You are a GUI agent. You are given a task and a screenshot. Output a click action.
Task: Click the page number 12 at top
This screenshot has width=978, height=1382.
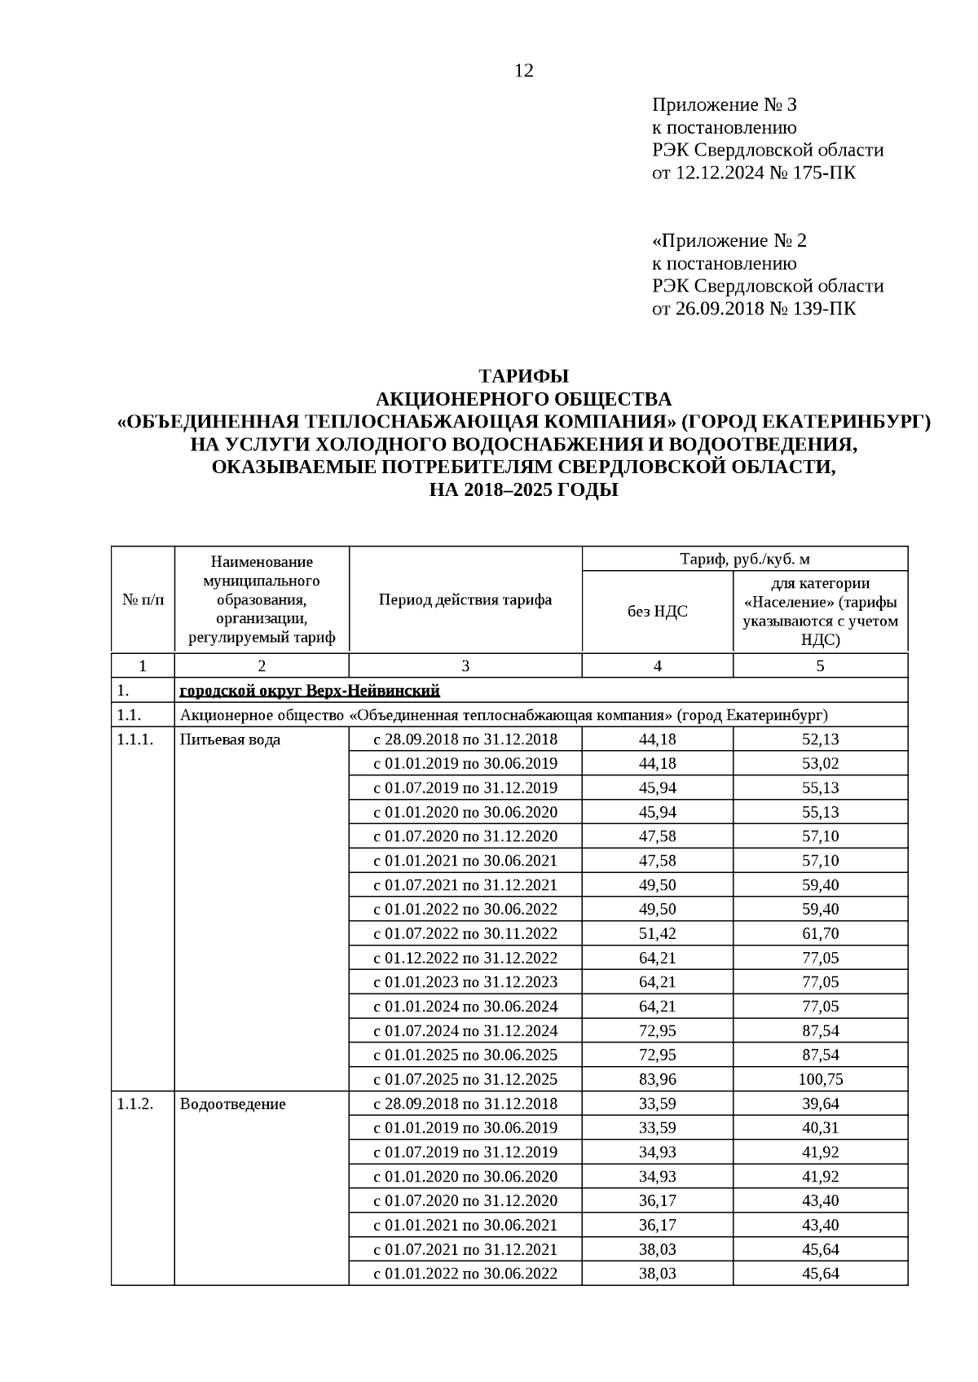click(524, 71)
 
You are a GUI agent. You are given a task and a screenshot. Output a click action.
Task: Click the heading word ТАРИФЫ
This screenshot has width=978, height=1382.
click(523, 376)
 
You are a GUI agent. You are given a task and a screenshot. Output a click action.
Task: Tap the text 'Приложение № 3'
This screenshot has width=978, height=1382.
click(724, 104)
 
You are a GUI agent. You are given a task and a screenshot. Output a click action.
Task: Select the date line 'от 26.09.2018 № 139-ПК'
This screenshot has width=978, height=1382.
click(754, 309)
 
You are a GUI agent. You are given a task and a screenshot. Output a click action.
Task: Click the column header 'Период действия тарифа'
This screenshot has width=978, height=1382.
click(465, 600)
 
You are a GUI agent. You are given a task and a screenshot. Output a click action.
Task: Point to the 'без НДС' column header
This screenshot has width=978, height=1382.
click(657, 611)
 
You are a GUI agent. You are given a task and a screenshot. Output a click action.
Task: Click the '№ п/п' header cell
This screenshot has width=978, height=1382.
click(143, 600)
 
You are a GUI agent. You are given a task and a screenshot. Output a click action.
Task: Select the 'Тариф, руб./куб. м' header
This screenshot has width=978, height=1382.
click(744, 559)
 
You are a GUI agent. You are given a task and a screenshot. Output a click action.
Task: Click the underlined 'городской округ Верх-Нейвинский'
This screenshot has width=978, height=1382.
click(310, 691)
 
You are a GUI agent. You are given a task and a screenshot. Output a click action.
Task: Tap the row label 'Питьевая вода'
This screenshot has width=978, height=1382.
click(230, 739)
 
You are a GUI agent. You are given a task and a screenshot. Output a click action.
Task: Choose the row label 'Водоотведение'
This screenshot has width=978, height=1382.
click(233, 1104)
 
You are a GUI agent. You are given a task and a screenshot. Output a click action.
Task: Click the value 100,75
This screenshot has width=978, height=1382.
click(821, 1080)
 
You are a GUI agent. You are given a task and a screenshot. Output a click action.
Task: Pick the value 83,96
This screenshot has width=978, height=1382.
click(657, 1080)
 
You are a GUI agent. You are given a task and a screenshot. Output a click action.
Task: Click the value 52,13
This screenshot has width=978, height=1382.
click(821, 739)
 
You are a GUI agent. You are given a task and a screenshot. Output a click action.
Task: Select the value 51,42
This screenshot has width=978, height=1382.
click(657, 934)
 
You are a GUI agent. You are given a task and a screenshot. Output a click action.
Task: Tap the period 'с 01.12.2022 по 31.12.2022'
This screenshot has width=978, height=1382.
click(465, 958)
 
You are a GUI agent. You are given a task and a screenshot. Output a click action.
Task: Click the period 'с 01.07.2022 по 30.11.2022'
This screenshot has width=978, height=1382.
click(465, 934)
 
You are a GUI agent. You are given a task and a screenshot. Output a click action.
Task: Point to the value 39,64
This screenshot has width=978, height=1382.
click(821, 1104)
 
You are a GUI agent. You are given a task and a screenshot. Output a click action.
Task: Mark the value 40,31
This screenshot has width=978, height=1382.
click(821, 1129)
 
